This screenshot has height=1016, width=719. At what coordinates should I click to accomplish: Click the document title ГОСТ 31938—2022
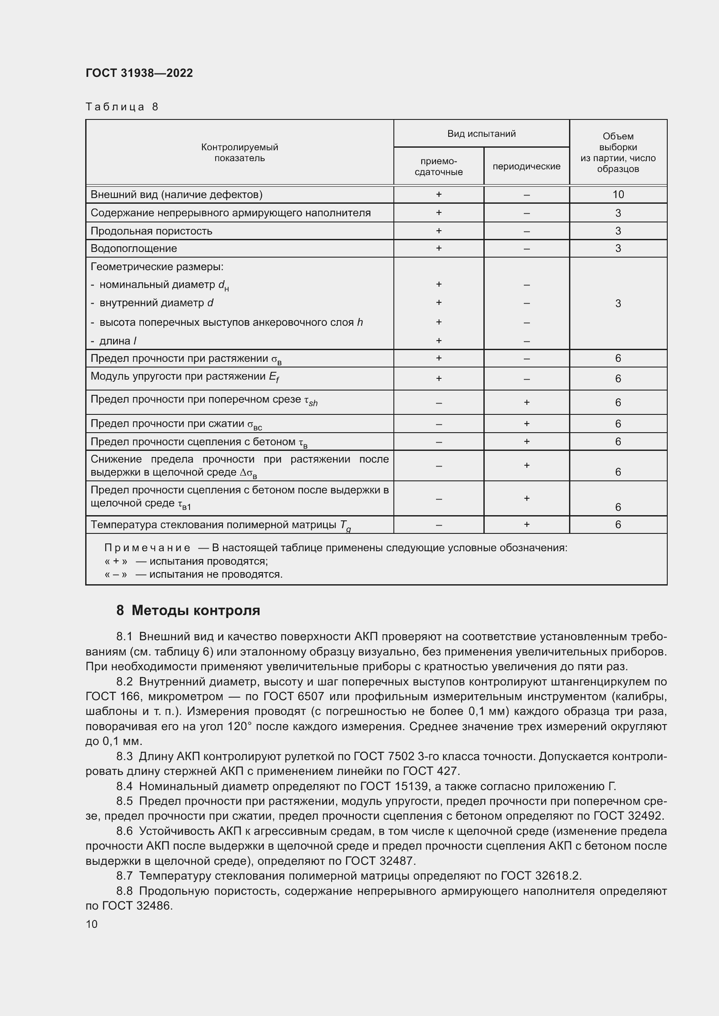[139, 73]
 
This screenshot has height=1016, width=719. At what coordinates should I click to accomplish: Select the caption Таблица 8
[122, 107]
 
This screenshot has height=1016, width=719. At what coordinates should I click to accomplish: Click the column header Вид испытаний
[481, 134]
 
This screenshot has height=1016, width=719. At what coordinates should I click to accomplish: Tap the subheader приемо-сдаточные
[438, 166]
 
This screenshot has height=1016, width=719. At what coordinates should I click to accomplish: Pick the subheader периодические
[526, 166]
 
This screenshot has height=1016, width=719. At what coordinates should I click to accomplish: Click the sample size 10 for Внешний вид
[618, 194]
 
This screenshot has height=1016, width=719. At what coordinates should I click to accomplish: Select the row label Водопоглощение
[134, 249]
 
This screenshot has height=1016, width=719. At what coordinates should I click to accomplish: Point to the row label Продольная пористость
[151, 231]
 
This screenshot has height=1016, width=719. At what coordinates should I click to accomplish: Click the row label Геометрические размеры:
[157, 267]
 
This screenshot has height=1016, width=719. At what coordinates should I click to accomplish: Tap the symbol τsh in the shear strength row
[311, 400]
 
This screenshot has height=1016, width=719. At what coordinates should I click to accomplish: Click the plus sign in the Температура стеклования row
[526, 524]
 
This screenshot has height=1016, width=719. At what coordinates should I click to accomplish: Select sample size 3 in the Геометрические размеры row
[618, 304]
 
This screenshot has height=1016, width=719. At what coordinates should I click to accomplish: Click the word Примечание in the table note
[147, 548]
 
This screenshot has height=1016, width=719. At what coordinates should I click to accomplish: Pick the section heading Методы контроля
[196, 611]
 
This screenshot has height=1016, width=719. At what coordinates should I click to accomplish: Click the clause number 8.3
[124, 756]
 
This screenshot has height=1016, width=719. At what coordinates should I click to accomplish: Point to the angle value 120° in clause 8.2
[240, 726]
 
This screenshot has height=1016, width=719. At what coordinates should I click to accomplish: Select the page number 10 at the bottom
[92, 924]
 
